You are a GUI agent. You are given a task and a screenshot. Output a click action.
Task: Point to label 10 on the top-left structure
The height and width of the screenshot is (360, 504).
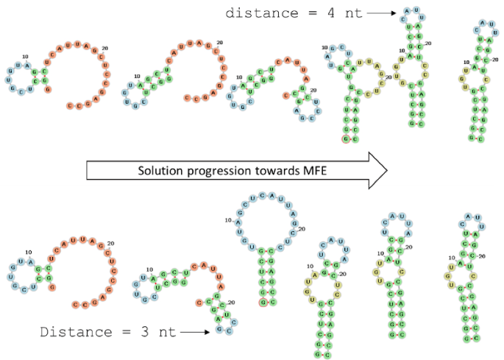pos(25,57)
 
